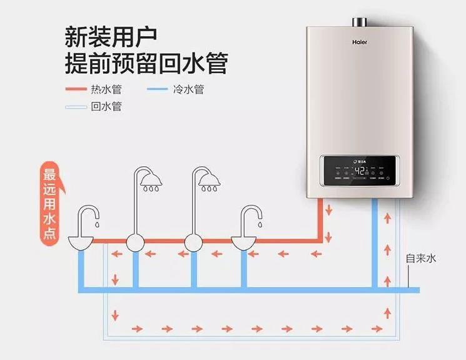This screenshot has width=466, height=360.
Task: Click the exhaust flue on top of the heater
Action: point(360,22)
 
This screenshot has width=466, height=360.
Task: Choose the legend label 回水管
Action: point(106,106)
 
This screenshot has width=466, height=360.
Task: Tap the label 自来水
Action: point(421,259)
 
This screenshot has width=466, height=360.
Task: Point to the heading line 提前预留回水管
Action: point(146,63)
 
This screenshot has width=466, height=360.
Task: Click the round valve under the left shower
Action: point(136,241)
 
